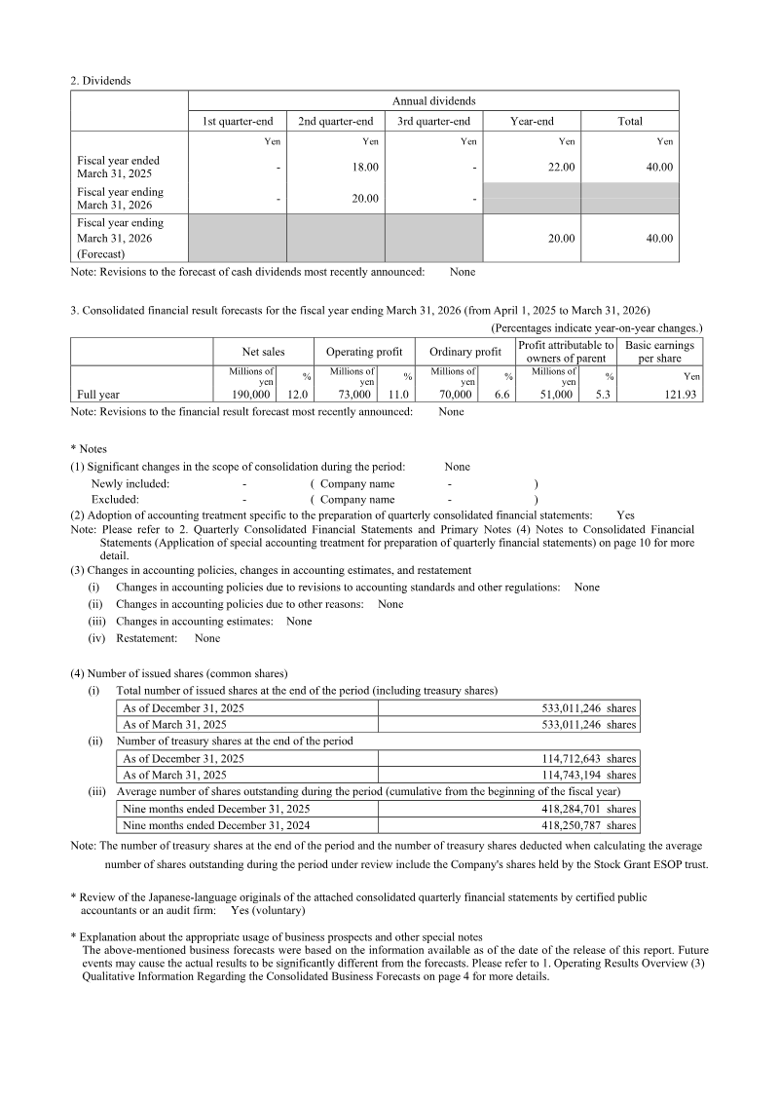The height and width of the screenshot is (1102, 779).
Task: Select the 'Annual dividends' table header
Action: pyautogui.click(x=433, y=100)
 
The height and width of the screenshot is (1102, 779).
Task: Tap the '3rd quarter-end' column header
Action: pyautogui.click(x=433, y=122)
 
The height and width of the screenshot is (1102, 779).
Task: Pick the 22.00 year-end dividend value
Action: pyautogui.click(x=562, y=168)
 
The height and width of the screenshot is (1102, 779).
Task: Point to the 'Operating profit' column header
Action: pyautogui.click(x=363, y=352)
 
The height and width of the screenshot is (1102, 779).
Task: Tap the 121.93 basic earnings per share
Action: pyautogui.click(x=683, y=395)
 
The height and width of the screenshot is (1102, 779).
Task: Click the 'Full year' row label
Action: pyautogui.click(x=98, y=395)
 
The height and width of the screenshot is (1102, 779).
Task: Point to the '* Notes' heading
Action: pyautogui.click(x=89, y=449)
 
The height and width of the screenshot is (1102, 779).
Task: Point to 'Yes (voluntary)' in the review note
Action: pyautogui.click(x=268, y=911)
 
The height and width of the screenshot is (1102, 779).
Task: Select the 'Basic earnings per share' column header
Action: pyautogui.click(x=659, y=352)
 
